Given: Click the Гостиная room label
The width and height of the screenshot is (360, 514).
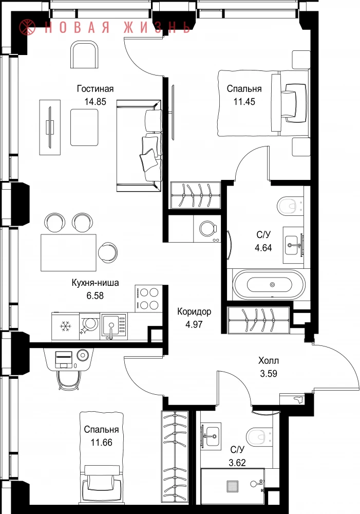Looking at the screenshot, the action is pos(96,88).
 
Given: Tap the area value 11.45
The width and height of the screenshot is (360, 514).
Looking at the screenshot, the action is pos(244,102).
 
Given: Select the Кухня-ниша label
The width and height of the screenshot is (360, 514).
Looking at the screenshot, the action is pos(95,283).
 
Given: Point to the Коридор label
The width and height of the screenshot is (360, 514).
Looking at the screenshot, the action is pos(194,311).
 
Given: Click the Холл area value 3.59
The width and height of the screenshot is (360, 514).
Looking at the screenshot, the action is pos(269,374).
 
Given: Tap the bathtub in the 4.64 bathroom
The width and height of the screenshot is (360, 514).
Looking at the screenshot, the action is pos(269,284).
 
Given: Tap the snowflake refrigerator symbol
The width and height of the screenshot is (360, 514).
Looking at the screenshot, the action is pos(65,326).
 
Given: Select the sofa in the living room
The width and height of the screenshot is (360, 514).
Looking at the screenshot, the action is pos(139,146).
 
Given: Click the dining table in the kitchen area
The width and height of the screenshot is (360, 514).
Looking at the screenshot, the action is pos(68,252).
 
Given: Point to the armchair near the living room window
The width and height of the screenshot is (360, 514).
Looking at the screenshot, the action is pos(85,54).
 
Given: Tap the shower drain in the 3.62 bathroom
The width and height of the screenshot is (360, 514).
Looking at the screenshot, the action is pos(232,486).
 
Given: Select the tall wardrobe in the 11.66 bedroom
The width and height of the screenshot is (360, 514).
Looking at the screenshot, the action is pos(175,456).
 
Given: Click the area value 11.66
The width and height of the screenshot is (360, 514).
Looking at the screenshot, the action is pos(102,443).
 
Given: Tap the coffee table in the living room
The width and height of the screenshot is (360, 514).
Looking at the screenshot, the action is pos(84,127).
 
